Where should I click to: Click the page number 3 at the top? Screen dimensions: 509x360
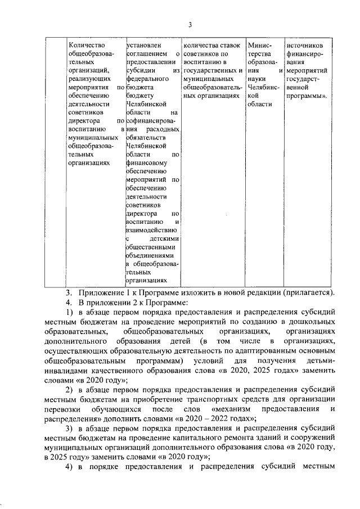190,24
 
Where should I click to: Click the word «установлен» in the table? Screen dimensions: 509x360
144,44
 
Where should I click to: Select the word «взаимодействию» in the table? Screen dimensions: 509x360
152,230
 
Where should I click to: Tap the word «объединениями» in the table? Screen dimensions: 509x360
151,255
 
